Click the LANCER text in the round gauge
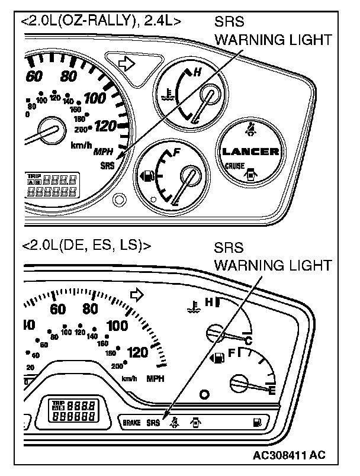click(250, 152)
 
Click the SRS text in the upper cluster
click(107, 165)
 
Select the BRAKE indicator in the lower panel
click(132, 423)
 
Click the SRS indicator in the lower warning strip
click(153, 423)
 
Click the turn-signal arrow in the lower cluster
click(137, 294)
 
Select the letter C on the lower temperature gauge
click(249, 340)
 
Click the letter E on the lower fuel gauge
click(272, 390)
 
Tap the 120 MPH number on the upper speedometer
click(104, 126)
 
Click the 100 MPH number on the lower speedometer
click(117, 325)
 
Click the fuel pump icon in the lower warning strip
click(256, 422)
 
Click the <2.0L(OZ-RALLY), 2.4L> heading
click(101, 22)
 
